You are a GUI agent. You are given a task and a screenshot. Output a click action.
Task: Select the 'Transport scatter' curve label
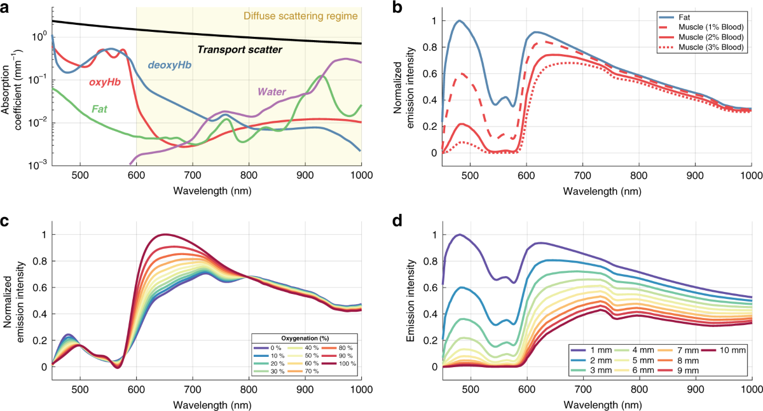click(x=240, y=49)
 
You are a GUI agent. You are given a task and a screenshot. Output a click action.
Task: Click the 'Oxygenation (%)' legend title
click(x=303, y=337)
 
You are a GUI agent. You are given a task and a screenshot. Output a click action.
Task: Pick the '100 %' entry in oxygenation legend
click(x=344, y=363)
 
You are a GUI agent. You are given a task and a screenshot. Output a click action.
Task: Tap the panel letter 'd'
click(x=399, y=223)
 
